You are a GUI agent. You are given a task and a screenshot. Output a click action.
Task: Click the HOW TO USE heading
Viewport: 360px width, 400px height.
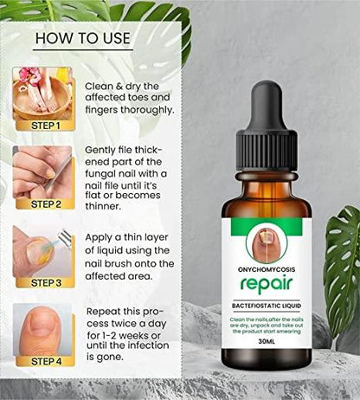(81, 38)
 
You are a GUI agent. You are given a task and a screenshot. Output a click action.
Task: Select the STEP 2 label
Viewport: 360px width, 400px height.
(44, 204)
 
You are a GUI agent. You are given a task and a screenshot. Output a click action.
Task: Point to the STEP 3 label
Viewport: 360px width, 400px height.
(44, 282)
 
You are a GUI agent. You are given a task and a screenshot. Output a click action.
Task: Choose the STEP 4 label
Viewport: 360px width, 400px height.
(44, 360)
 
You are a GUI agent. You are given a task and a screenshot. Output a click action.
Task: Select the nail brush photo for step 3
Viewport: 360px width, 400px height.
(42, 250)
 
